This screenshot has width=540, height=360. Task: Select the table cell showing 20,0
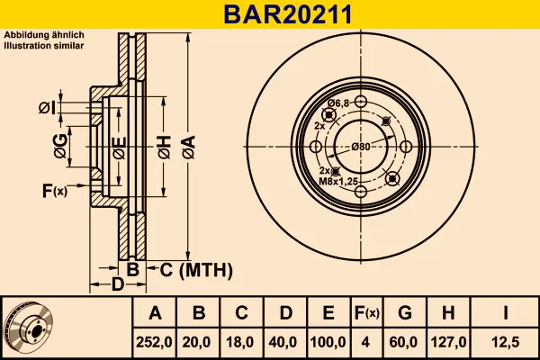point(200,343)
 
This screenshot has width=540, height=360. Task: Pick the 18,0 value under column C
point(241,343)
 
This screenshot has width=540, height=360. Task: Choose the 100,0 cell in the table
point(328,343)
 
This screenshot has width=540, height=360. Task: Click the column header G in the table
point(405,313)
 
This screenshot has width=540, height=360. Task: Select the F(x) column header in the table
point(366,313)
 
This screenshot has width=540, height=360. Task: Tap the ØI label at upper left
point(47,108)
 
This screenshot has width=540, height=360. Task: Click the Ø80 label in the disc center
point(361,147)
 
